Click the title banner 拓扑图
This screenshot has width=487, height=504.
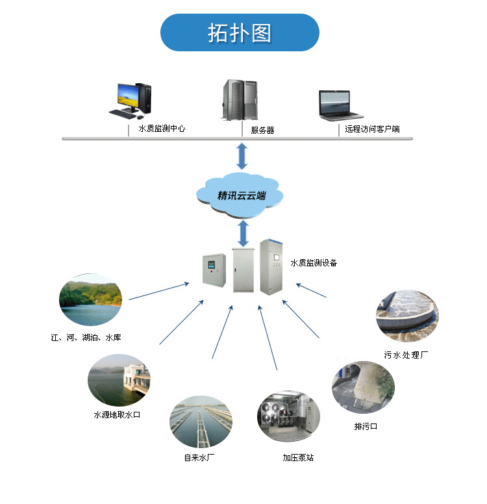point(240,32)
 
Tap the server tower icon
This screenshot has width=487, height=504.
point(240,100)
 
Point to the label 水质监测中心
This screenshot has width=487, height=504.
point(162,129)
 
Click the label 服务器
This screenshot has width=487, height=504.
point(262,130)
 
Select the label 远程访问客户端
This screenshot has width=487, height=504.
point(372,129)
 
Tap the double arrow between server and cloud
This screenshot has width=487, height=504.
point(242,156)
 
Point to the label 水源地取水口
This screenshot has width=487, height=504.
point(117,414)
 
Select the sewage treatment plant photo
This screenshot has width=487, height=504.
point(406,316)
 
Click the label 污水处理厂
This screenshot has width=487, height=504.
point(406,355)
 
